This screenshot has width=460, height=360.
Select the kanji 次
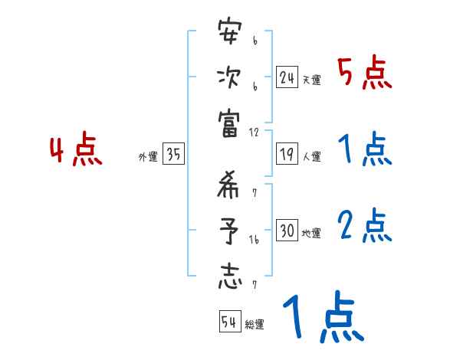[x=230, y=78]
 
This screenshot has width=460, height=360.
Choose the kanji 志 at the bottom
[x=230, y=276]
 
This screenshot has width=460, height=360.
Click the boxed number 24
[x=287, y=77]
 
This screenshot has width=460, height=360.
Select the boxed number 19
[x=287, y=154]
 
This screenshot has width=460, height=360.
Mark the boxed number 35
[x=174, y=155]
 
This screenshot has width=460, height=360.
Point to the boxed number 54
[x=229, y=322]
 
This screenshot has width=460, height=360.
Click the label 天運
[x=310, y=80]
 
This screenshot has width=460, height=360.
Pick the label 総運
[x=255, y=325]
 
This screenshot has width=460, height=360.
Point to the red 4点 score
[x=76, y=151]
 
